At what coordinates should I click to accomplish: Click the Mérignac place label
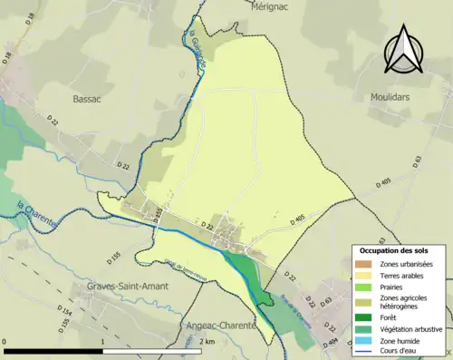tap(266, 5)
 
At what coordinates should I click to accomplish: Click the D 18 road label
tap(8, 59)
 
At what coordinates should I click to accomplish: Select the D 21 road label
tap(122, 165)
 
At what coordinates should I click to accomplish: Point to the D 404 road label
tap(332, 341)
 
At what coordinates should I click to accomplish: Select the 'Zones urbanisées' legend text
tap(407, 264)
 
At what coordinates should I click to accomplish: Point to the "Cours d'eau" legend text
tap(400, 352)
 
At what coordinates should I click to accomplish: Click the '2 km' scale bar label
tap(207, 342)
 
